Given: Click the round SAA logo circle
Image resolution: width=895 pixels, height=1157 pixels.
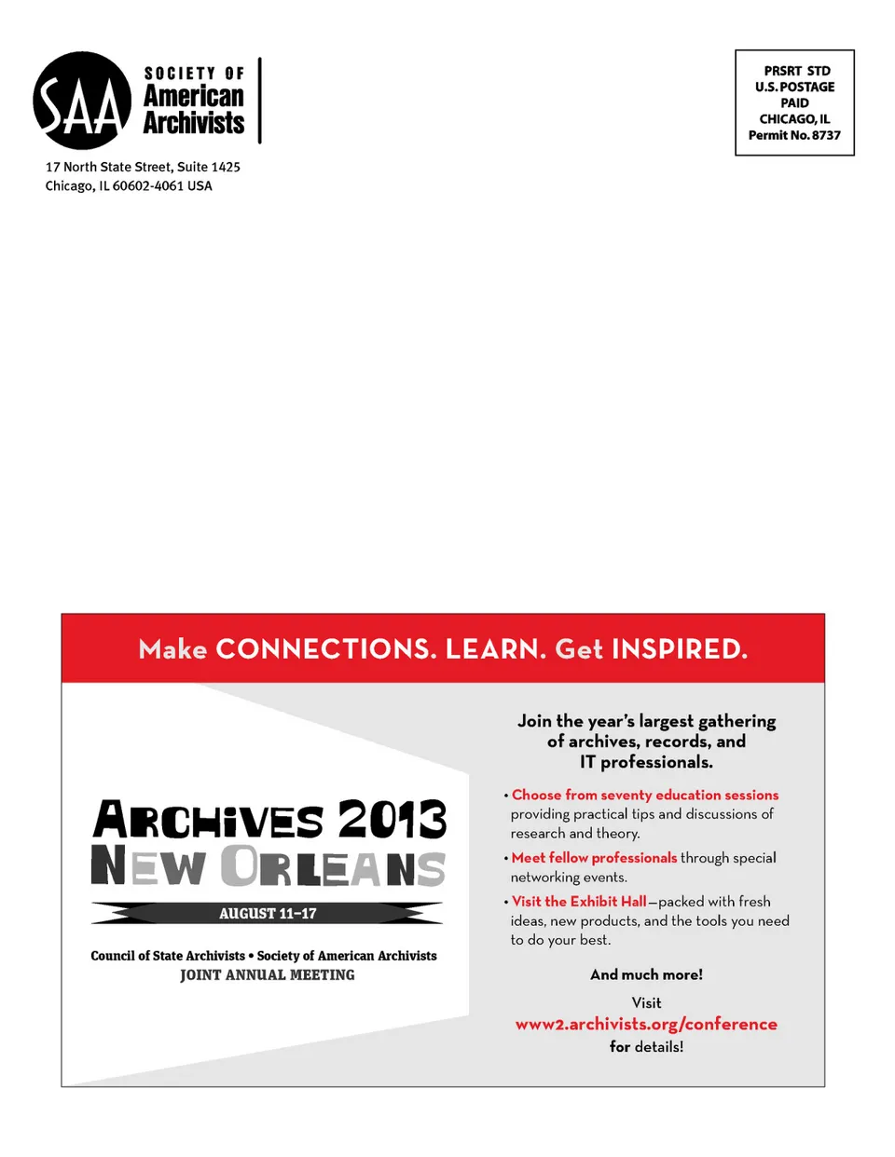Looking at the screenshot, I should pos(82,101).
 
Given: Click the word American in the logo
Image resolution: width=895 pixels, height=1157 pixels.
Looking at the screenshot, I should pos(194,97).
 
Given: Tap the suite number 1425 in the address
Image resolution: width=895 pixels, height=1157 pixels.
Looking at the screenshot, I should pos(225,167).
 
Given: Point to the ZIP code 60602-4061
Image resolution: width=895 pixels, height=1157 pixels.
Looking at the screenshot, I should pos(148,185).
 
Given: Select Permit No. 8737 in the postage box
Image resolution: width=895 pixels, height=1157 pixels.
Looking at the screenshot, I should pos(794,135).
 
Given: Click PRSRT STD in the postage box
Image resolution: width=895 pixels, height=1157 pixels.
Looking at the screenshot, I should pos(796,71).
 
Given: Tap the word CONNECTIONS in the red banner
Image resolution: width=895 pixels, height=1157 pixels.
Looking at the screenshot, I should pos(325,648).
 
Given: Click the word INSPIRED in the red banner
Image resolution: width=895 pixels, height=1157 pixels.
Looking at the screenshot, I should pos(679,648).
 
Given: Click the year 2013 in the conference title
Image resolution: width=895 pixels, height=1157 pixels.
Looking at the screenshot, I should pos(392,820).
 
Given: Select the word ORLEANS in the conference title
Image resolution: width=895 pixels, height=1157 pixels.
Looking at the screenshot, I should pos(333,866).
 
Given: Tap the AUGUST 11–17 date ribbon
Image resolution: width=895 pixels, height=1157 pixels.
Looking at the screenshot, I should pos(268,913).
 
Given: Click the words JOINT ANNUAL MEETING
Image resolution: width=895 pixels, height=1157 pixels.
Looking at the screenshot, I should pos(268,974).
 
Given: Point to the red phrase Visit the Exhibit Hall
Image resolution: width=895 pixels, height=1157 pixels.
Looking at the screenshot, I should pos(579,901).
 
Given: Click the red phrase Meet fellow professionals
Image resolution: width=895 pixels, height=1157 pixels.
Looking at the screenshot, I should pos(594,857).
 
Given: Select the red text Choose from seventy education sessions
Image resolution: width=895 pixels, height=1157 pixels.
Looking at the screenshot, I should pos(645,795).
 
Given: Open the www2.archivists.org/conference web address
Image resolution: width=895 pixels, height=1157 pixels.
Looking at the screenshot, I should pos(646,1024).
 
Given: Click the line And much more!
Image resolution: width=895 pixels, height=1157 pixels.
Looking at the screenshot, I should pos(646,974).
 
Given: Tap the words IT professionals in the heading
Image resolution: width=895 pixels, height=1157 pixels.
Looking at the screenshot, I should pos(646,762).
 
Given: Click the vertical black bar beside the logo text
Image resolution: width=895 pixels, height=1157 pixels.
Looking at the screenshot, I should pos(260,101).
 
